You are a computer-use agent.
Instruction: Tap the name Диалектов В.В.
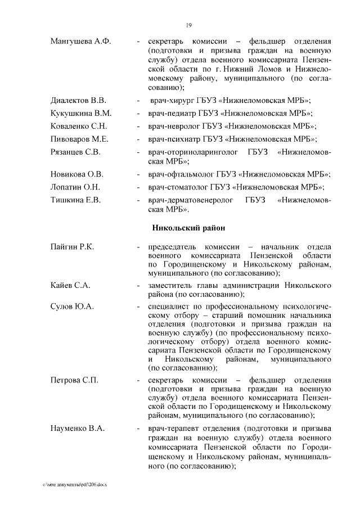coord(78,101)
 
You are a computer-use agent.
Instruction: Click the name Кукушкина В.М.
coord(81,113)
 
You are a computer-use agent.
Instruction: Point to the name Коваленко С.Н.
coord(78,126)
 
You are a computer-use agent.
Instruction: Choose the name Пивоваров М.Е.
coord(79,139)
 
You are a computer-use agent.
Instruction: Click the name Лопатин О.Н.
coord(75,187)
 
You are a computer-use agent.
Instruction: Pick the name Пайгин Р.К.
coord(72,247)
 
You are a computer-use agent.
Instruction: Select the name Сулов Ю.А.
coord(71,307)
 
